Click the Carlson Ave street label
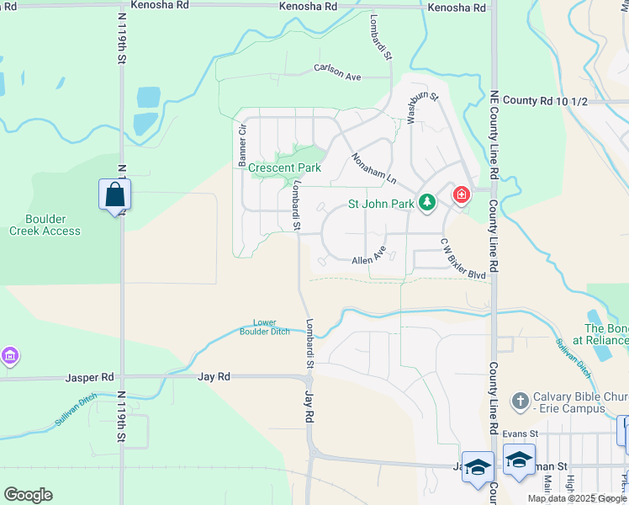tap(337, 72)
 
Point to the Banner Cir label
tap(242, 144)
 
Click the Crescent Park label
tap(285, 167)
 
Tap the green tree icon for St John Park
tap(427, 202)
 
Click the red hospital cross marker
tap(461, 195)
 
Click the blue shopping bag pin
tap(114, 195)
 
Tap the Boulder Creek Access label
tap(45, 225)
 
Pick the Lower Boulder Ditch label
tap(272, 327)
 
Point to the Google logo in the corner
tap(28, 495)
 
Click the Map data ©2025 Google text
tap(578, 498)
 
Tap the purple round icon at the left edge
tap(9, 357)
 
